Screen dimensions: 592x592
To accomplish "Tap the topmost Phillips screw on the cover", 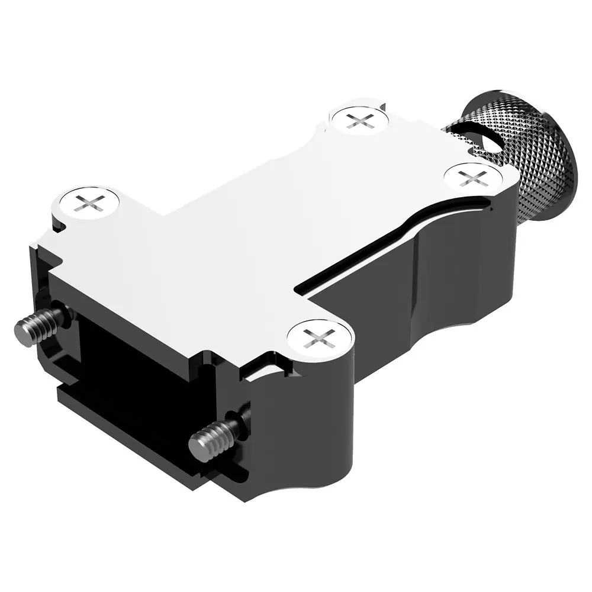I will click(x=359, y=120).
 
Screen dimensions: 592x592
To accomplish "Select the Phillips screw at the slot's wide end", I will click(x=474, y=177).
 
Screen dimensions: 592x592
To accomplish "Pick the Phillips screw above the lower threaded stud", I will click(x=320, y=339).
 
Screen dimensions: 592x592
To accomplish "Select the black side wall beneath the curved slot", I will click(x=385, y=290).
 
